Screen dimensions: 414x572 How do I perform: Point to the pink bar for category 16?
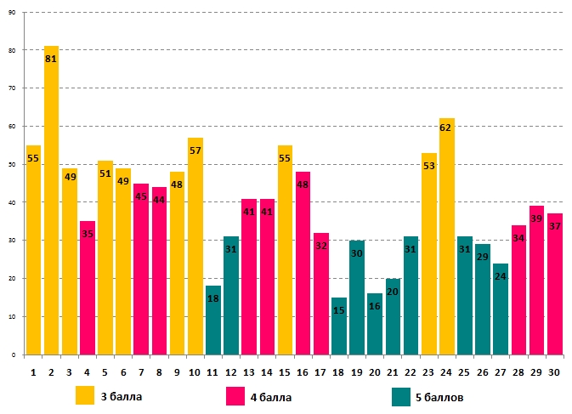tap(303, 263)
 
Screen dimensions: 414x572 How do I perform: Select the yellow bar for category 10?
tap(195, 246)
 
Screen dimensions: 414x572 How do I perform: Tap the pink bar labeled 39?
tap(536, 280)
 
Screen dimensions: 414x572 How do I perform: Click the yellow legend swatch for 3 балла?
tap(85, 395)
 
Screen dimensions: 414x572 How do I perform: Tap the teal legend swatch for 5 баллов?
tap(402, 395)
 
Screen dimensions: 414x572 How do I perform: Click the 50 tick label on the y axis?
tap(13, 164)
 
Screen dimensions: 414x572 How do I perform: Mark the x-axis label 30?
tap(554, 371)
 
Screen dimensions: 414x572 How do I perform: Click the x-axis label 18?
tap(339, 371)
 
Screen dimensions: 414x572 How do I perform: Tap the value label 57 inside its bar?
tap(195, 150)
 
